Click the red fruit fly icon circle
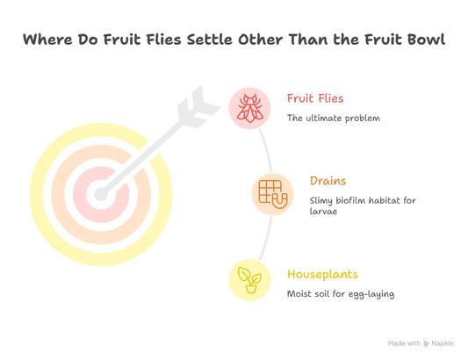(250, 108)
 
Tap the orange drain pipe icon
(272, 192)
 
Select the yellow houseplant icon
(249, 280)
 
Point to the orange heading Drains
(328, 182)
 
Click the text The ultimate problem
(333, 118)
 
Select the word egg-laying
(371, 293)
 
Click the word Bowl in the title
(425, 40)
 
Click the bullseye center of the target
(97, 191)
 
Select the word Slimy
(323, 201)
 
